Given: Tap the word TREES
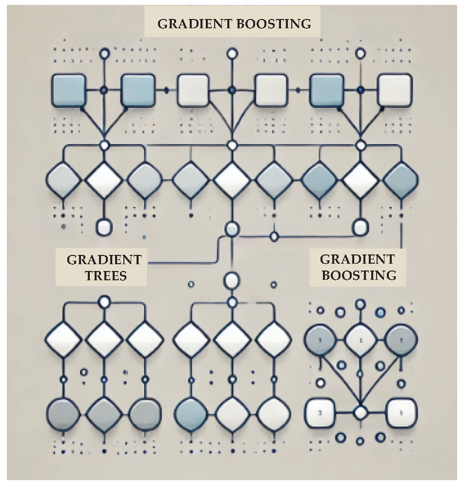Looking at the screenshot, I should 106,275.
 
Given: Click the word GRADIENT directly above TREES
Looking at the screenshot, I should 104,259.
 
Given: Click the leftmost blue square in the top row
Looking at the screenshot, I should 69,90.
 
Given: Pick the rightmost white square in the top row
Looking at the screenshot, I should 395,90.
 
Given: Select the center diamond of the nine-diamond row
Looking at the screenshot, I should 232,180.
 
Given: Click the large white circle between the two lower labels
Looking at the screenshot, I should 232,280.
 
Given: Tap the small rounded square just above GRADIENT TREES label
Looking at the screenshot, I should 104,227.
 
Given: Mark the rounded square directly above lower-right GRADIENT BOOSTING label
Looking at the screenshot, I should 361,227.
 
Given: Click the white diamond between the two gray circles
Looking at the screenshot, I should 360,338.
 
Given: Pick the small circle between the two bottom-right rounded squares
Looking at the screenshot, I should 360,413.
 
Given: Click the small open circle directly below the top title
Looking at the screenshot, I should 232,53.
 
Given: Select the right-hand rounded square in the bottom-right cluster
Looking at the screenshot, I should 401,413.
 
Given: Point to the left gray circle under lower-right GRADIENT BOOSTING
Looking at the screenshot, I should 319,338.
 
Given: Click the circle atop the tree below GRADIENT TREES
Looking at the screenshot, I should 104,302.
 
